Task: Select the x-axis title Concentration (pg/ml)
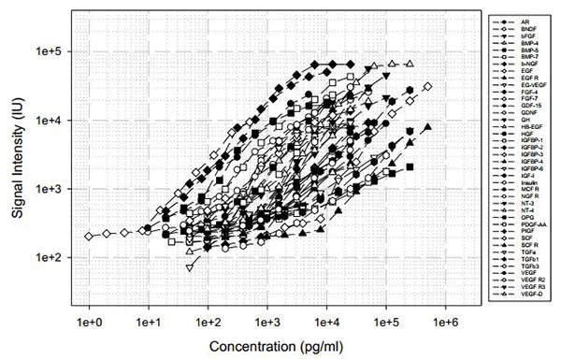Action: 267,347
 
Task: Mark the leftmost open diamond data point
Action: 90,237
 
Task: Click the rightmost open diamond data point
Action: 427,87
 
